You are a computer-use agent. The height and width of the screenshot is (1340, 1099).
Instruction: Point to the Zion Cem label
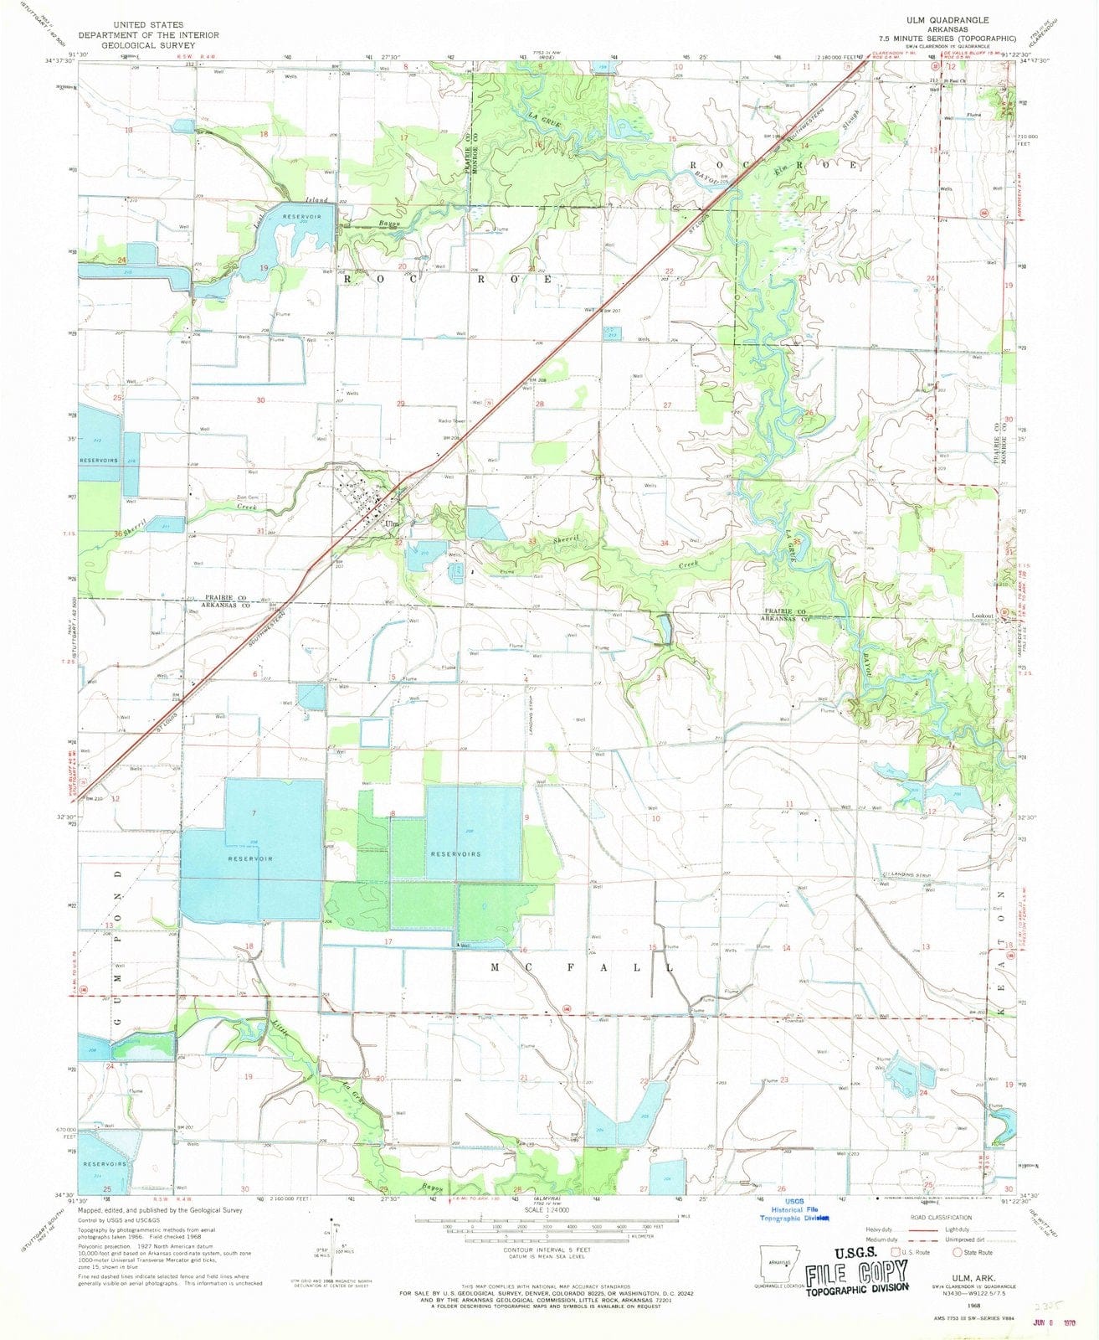[x=247, y=497]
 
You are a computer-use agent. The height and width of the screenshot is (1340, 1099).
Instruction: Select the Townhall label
[x=793, y=1021]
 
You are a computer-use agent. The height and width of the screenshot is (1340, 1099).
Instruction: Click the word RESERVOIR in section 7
[x=252, y=859]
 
